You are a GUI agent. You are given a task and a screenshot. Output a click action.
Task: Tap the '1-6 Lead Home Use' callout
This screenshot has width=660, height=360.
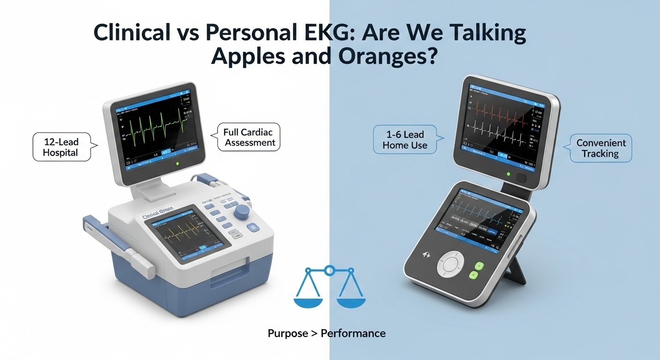coord(405,140)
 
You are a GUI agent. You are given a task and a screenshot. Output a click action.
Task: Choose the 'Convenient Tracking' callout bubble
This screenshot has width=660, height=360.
coord(601,148)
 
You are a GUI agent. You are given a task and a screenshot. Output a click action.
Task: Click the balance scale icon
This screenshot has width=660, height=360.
coord(330,288)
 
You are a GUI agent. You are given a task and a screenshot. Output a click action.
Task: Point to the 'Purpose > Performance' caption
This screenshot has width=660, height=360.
coord(326,333)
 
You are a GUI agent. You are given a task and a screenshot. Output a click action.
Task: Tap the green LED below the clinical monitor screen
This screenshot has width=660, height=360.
coord(176,164)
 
